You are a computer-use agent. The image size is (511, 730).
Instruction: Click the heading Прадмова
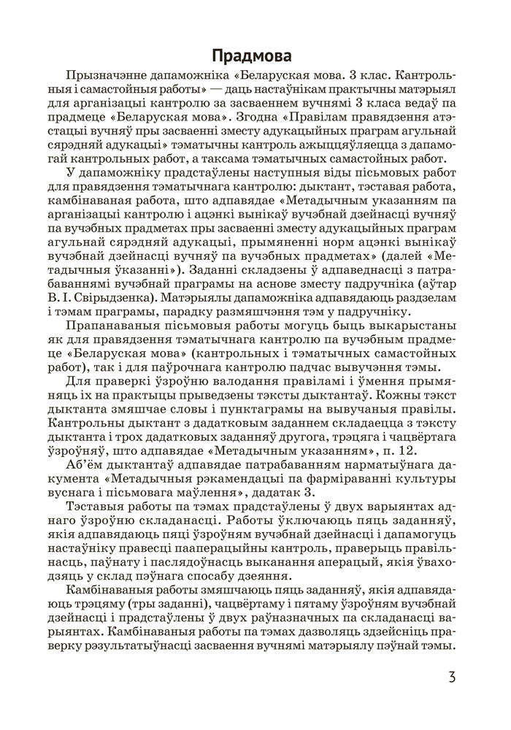click(x=255, y=56)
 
